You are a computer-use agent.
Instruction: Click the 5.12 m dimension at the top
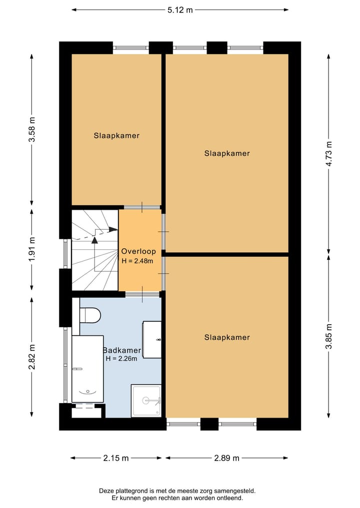[180, 9]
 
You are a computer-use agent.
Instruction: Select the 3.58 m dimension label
[32, 130]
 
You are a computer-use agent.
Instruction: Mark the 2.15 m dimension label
[116, 458]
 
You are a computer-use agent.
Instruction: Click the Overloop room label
[138, 252]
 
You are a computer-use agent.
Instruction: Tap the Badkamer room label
[122, 350]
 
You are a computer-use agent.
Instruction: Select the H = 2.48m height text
[137, 261]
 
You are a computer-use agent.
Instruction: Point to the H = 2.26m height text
[121, 359]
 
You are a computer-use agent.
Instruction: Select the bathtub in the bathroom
[87, 369]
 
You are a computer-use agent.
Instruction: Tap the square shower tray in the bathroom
[146, 400]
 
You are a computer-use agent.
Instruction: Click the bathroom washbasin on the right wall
[152, 340]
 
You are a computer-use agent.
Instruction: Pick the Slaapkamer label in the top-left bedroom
[116, 135]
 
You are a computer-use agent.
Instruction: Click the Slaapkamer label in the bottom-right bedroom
[227, 338]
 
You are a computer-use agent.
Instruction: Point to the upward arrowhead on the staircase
[94, 240]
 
